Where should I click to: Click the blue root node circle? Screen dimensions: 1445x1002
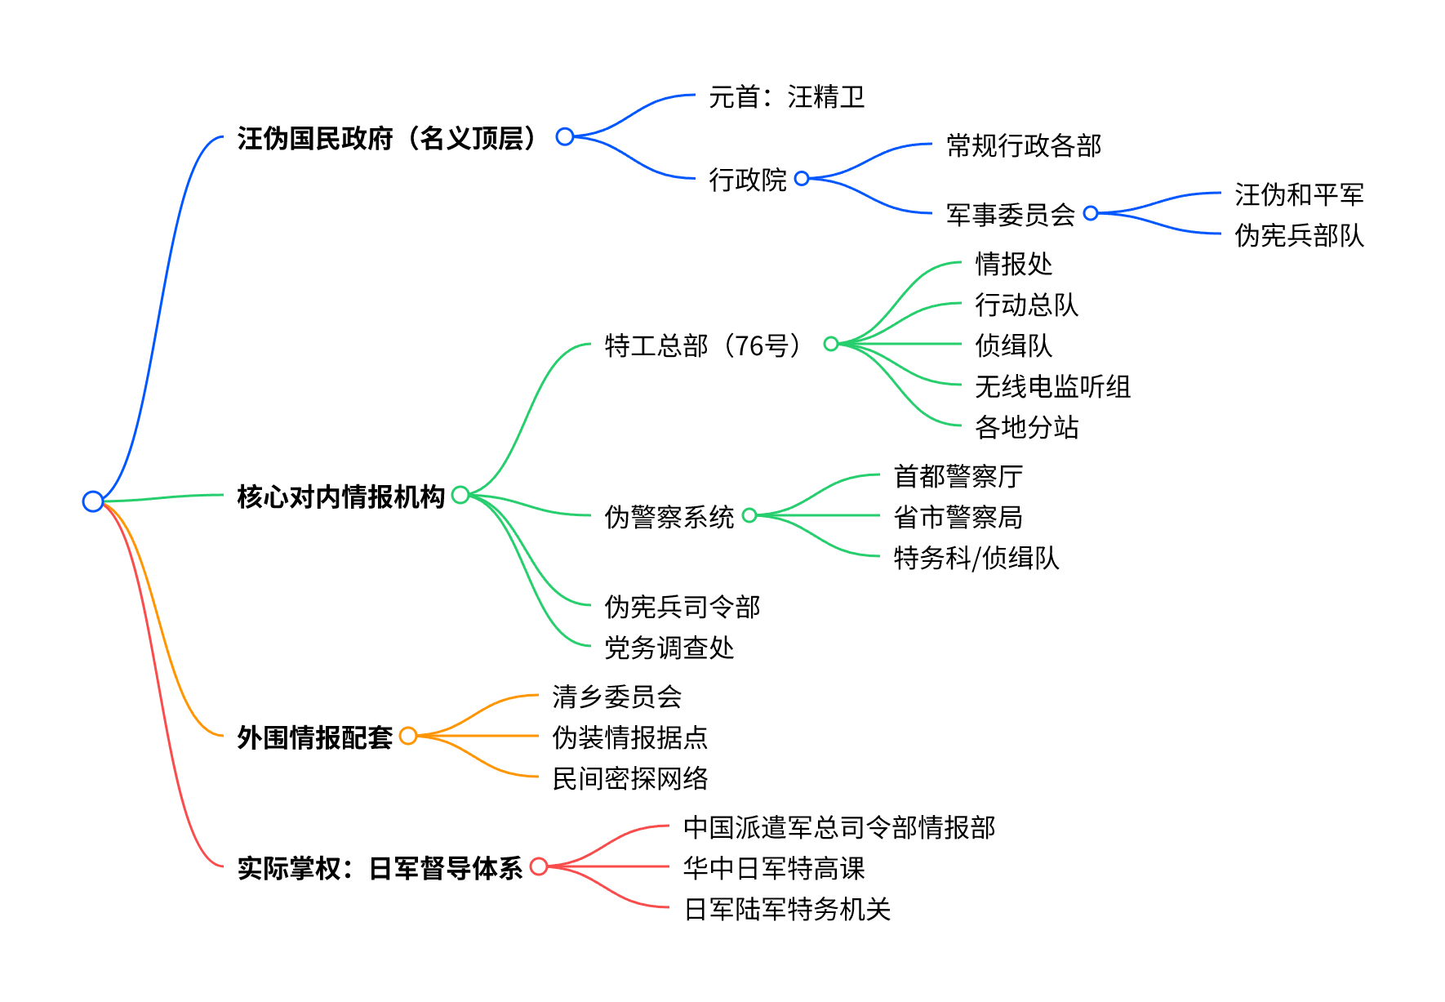pos(93,501)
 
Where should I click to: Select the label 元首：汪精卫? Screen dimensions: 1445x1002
pos(786,97)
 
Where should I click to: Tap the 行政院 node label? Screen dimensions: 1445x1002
pos(747,179)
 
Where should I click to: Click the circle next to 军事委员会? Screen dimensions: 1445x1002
pos(1091,213)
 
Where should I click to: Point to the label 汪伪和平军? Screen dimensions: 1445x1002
pos(1299,194)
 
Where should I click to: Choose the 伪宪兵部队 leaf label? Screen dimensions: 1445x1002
pos(1299,235)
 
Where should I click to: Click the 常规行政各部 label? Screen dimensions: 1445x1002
pos(1024,145)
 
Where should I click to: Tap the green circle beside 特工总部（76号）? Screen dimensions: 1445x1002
pos(831,344)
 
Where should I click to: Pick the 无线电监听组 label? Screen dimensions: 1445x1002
pos(1053,386)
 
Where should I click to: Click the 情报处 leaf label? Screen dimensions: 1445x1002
pos(1014,264)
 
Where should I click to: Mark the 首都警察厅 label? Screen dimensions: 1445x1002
pos(958,476)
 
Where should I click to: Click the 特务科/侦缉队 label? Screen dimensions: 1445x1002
pos(976,558)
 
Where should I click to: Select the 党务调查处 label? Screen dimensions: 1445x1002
pos(669,648)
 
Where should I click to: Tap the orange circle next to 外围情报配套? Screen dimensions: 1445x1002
pos(408,736)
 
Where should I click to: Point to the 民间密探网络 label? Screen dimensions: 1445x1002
pos(630,778)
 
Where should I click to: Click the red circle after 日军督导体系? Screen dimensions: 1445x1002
pos(539,866)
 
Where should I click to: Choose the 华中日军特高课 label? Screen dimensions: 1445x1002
pos(774,868)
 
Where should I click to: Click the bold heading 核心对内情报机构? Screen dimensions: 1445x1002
pos(341,497)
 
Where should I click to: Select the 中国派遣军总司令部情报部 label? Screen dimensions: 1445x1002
pos(839,827)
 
